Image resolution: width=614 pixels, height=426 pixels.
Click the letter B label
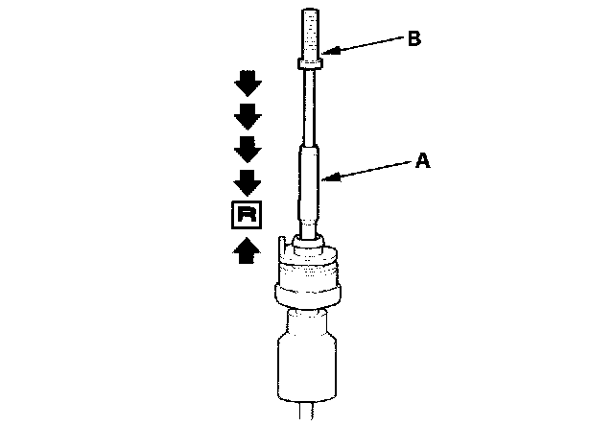[x=413, y=38]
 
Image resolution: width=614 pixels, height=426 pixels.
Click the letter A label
[x=421, y=162]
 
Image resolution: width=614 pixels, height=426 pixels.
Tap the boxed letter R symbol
[x=246, y=216]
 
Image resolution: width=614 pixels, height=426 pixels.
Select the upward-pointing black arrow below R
[x=247, y=250]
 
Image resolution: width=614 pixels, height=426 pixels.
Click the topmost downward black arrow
[x=247, y=84]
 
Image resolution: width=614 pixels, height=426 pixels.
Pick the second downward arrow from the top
[x=247, y=117]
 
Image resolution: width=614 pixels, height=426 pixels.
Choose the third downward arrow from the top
[x=247, y=149]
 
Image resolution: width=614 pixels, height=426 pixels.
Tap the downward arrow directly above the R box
[x=247, y=181]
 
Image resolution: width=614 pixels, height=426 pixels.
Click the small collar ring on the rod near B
[x=309, y=64]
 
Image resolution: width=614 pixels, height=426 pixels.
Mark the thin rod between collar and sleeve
[x=309, y=106]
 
